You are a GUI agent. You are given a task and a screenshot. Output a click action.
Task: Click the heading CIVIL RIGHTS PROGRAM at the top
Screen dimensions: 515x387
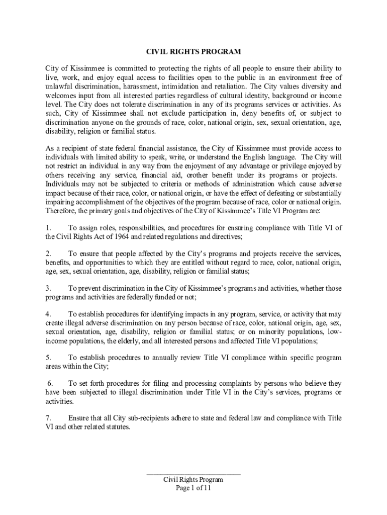pyautogui.click(x=193, y=52)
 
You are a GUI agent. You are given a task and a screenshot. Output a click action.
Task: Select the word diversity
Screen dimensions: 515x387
pyautogui.click(x=307, y=86)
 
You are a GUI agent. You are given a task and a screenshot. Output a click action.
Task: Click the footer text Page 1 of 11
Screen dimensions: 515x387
pyautogui.click(x=193, y=487)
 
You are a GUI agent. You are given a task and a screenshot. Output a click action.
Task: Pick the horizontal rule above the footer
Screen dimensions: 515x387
pyautogui.click(x=193, y=474)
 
